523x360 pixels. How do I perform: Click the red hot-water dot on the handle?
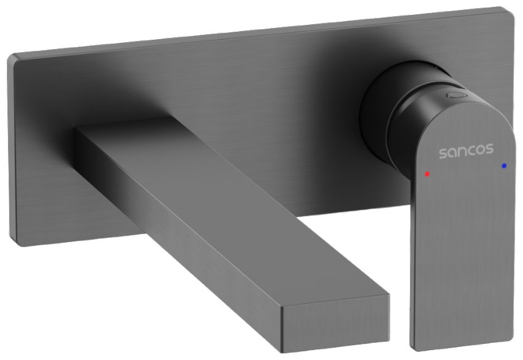point(427,174)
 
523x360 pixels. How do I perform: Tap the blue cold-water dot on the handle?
point(504,165)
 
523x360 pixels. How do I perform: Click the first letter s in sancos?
point(443,153)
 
